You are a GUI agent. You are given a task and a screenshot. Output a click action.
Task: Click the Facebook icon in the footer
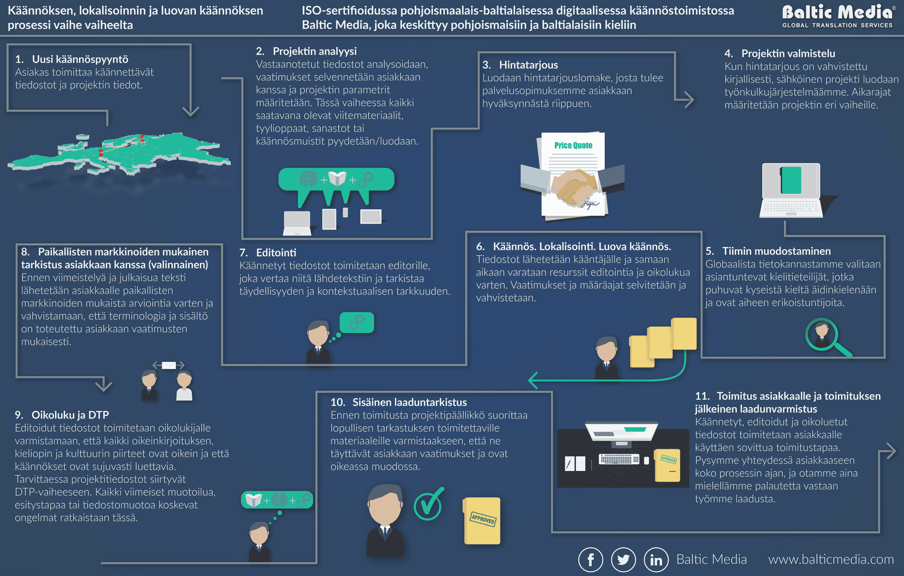click(x=591, y=560)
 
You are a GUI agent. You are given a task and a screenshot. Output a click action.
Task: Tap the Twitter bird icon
click(x=623, y=560)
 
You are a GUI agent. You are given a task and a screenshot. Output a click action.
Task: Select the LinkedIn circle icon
click(x=656, y=560)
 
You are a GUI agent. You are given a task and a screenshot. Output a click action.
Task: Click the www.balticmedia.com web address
click(x=831, y=559)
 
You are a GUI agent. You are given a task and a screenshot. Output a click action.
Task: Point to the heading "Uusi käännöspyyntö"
click(x=80, y=59)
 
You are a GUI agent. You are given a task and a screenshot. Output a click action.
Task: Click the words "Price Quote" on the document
click(x=573, y=145)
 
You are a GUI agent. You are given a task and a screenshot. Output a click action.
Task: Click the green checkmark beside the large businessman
click(x=429, y=504)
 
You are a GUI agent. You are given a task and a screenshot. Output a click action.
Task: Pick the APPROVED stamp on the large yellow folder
click(x=483, y=519)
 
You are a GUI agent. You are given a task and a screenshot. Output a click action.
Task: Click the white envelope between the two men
click(x=169, y=365)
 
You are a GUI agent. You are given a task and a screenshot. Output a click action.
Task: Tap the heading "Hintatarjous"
click(x=528, y=65)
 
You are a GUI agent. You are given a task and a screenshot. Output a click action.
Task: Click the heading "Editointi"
click(x=276, y=252)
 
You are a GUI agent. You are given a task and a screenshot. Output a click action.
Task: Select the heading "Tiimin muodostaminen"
click(x=776, y=251)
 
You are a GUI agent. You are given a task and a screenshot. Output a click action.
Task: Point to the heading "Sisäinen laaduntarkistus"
click(x=409, y=402)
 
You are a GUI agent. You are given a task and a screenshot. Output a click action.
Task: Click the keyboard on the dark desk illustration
click(x=619, y=459)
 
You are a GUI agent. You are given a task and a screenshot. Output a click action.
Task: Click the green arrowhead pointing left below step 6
click(x=533, y=380)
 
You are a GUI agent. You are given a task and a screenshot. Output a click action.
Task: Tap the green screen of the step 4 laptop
click(x=791, y=180)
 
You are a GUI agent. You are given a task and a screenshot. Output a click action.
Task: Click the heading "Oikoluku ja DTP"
click(x=70, y=415)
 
